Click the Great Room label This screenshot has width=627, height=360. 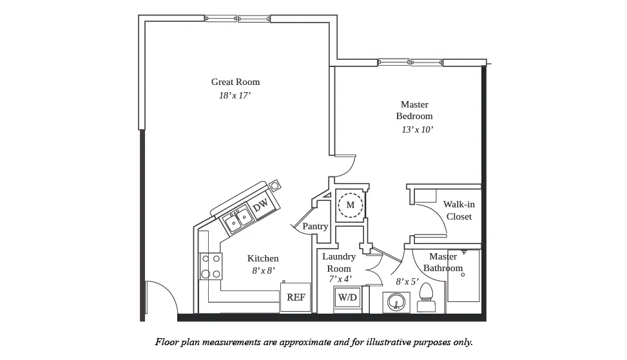pos(235,82)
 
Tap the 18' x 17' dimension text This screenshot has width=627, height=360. pos(235,95)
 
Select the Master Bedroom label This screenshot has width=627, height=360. pos(414,110)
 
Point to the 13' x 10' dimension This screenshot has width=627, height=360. pos(417,129)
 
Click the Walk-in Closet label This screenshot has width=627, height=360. pos(459,211)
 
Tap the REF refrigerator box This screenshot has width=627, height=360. pos(296,298)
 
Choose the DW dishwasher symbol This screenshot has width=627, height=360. pos(261,207)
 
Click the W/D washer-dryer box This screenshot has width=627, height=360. pos(348,298)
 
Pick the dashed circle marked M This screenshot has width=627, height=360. pos(351,205)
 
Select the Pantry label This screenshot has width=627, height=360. pos(315,227)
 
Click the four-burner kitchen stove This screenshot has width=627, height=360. pos(211,266)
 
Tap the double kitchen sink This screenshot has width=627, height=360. pos(236,220)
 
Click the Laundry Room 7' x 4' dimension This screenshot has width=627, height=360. pos(339,279)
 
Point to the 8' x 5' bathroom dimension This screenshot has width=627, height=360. pos(407,281)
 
